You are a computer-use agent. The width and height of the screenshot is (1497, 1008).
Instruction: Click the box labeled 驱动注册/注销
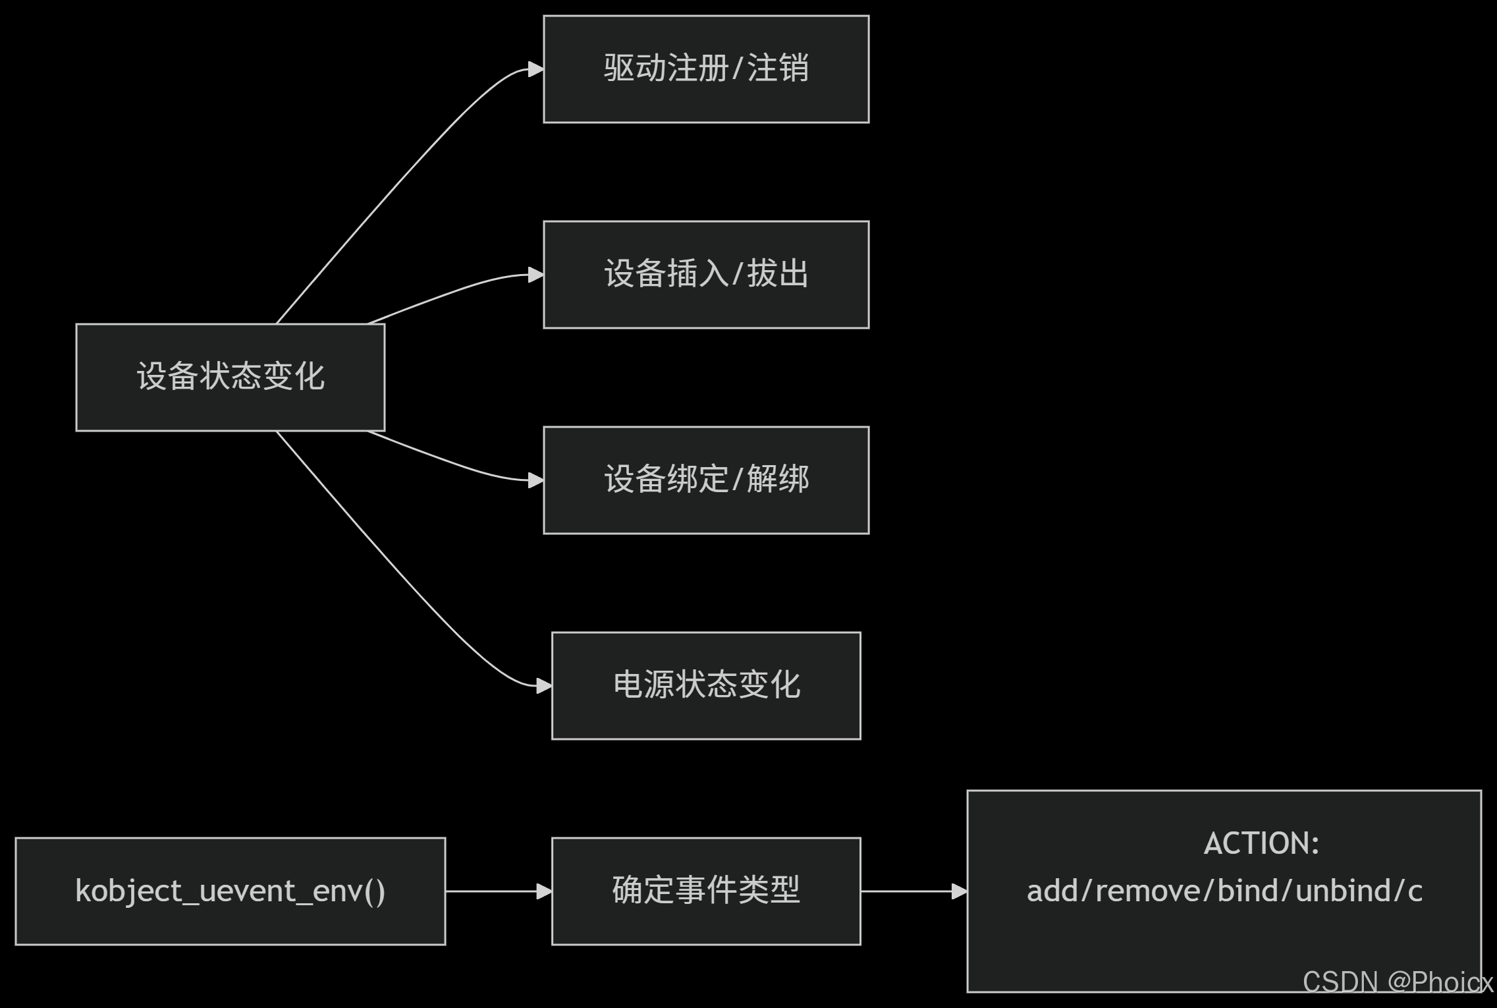click(x=705, y=69)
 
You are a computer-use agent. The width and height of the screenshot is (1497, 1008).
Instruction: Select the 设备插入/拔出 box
click(x=705, y=274)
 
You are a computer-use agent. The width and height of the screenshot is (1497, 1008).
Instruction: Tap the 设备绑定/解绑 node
click(x=705, y=480)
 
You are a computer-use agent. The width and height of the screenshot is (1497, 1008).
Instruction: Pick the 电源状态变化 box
click(x=705, y=685)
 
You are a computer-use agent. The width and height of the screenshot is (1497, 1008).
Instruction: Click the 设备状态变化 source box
click(x=230, y=377)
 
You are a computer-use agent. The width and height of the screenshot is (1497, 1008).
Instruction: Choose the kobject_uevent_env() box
click(x=230, y=891)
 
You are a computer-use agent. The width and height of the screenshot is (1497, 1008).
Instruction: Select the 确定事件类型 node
click(x=705, y=891)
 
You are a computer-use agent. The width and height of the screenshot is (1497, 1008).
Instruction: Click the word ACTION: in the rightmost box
click(x=1261, y=843)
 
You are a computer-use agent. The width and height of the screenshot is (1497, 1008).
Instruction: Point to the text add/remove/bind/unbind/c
click(x=1224, y=891)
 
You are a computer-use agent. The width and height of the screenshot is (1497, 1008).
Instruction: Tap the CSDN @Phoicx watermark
click(x=1396, y=982)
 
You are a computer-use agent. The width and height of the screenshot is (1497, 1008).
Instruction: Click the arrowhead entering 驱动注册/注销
click(x=536, y=69)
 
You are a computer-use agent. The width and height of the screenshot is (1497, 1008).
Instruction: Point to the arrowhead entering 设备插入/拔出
click(x=536, y=274)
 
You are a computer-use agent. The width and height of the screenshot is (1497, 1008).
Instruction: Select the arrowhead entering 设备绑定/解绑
click(x=536, y=480)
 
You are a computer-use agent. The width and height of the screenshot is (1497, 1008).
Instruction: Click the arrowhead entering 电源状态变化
click(x=544, y=686)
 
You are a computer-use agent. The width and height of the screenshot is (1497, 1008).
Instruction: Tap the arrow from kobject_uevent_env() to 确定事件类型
click(x=498, y=891)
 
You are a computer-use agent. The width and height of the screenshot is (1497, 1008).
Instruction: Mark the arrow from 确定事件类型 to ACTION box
click(x=913, y=891)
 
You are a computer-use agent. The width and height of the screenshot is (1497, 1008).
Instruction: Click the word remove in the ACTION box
click(x=1147, y=891)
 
